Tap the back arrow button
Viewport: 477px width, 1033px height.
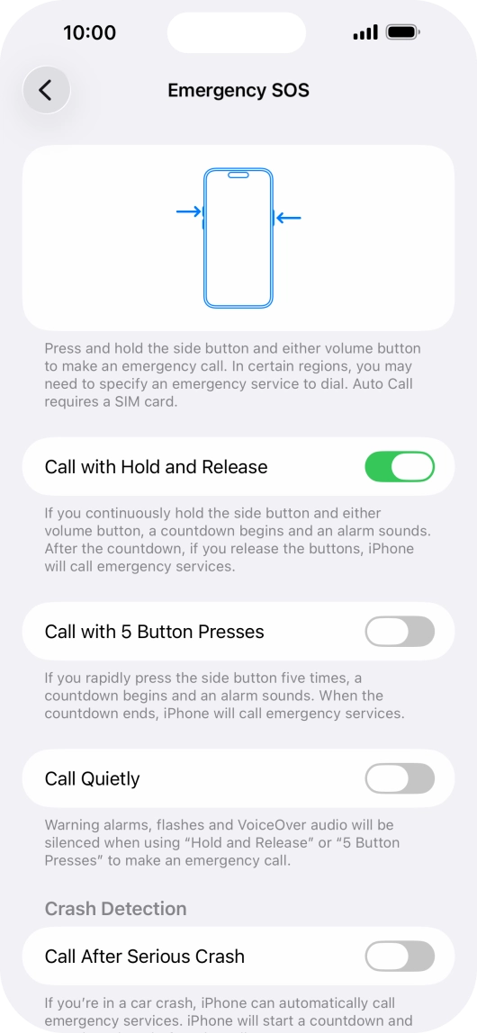[x=46, y=90]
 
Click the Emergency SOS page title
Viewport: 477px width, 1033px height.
[x=238, y=91]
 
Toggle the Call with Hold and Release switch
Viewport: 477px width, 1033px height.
[x=400, y=467]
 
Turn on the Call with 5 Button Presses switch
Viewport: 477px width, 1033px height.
[x=400, y=632]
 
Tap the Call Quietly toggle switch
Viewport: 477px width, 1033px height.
[x=400, y=778]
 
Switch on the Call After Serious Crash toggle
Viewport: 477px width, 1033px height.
[x=400, y=957]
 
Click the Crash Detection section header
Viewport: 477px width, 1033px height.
[x=115, y=909]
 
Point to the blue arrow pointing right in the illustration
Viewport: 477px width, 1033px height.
[x=189, y=212]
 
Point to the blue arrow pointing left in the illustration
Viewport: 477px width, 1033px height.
[x=288, y=218]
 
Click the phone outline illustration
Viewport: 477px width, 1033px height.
[x=238, y=238]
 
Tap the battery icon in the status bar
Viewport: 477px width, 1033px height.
[x=401, y=32]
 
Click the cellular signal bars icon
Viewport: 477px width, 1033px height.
[x=365, y=33]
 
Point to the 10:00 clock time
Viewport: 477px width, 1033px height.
[x=89, y=33]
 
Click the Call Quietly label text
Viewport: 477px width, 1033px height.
[x=92, y=778]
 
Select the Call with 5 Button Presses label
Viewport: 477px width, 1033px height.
[x=154, y=632]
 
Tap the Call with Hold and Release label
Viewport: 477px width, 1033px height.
[x=156, y=467]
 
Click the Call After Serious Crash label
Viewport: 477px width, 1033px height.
[x=144, y=957]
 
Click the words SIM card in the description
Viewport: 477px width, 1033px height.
[x=150, y=403]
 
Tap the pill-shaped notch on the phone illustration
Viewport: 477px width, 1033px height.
[x=238, y=175]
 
